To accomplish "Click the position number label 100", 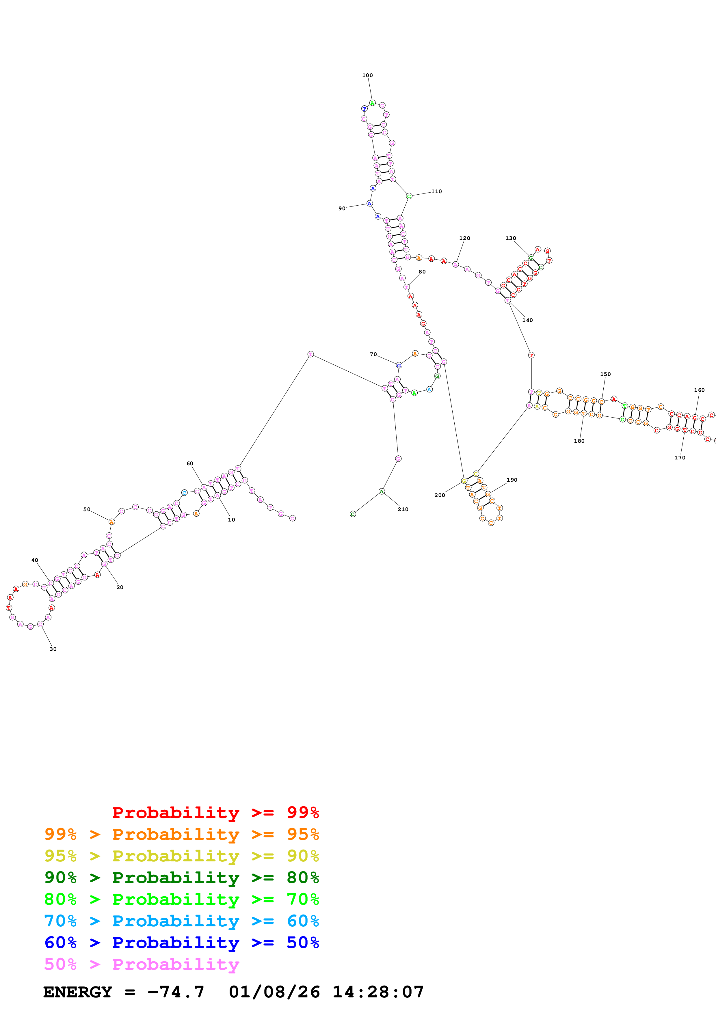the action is (x=367, y=75).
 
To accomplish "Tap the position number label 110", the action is (x=436, y=191).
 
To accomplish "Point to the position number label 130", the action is (x=510, y=238).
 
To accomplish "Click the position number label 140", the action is (x=527, y=320).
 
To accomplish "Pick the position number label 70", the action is (x=373, y=354).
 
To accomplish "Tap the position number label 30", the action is (x=53, y=649).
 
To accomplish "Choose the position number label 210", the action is (x=403, y=509).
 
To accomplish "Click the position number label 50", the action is (x=87, y=509).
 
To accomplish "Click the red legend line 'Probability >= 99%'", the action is (x=215, y=812).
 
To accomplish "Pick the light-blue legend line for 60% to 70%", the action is (x=181, y=921).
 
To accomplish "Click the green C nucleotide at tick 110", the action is (x=409, y=196).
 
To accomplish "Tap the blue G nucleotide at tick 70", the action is (x=399, y=365).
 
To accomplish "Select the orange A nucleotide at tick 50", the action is (x=111, y=522).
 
